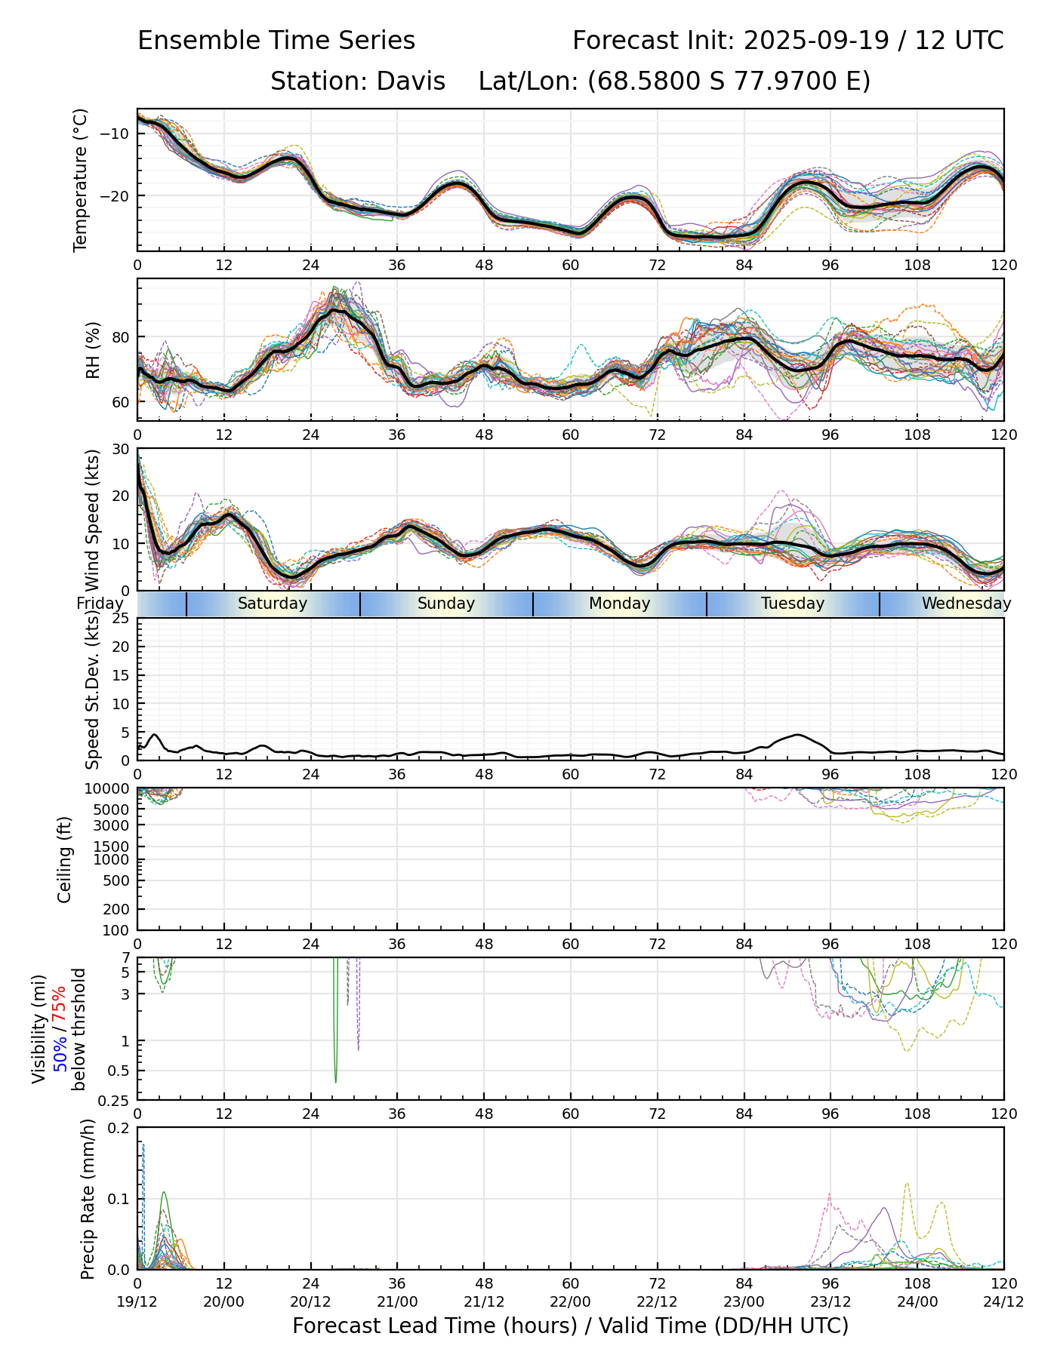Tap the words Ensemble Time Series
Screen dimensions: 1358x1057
(276, 41)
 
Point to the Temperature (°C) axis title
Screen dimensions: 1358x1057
(81, 180)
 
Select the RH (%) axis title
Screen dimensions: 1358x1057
(93, 349)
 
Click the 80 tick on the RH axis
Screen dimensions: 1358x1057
(121, 336)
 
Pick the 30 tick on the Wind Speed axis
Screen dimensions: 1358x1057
(121, 450)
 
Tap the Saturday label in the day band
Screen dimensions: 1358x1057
(273, 604)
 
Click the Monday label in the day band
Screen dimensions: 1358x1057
(619, 604)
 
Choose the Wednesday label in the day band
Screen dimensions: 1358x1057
(966, 604)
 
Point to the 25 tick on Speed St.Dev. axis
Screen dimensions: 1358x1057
(121, 619)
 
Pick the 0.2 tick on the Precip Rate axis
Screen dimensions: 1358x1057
(119, 1129)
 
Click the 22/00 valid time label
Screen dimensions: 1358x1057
(571, 1301)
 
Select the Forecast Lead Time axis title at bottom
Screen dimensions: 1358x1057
(570, 1326)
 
